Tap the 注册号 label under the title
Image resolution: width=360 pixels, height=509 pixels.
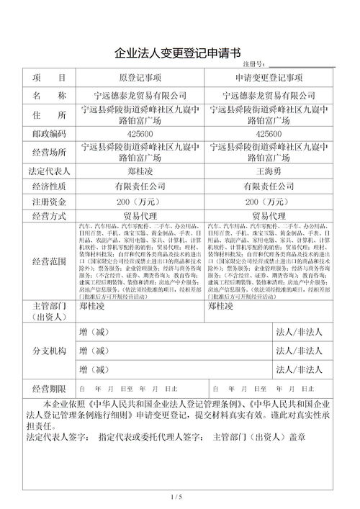click(x=253, y=66)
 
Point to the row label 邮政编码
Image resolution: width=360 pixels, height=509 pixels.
click(x=48, y=134)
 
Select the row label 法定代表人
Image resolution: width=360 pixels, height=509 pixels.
click(x=48, y=172)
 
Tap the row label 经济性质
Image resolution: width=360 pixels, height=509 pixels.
click(x=48, y=186)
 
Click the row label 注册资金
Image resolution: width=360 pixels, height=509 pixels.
click(x=48, y=201)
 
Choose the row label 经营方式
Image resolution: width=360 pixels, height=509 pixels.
click(x=48, y=216)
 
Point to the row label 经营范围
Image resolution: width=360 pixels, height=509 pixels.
click(x=48, y=261)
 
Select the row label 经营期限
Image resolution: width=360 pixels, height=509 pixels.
click(x=48, y=387)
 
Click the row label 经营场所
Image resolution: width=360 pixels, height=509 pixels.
click(x=48, y=153)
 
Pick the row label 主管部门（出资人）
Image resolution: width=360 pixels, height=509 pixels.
click(x=48, y=311)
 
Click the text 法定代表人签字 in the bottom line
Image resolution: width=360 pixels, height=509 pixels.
click(x=57, y=437)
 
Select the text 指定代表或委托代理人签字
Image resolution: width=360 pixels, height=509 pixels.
click(x=150, y=437)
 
